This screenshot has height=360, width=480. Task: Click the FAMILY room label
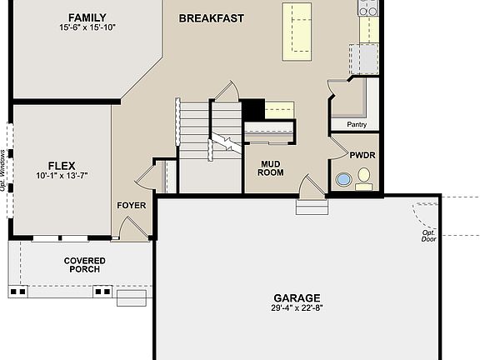[87, 17]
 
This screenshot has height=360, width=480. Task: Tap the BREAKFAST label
[211, 17]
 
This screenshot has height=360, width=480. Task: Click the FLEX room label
[62, 165]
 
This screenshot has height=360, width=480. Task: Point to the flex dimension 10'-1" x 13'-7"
[62, 176]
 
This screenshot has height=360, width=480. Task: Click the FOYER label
[132, 204]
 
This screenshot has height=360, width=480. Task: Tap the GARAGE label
[297, 297]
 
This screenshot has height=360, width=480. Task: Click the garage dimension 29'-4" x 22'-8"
[297, 308]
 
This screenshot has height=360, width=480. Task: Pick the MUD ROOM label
[272, 168]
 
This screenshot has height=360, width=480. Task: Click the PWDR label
[362, 155]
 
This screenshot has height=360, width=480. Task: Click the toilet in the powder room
[364, 177]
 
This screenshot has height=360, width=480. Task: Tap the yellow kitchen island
[298, 30]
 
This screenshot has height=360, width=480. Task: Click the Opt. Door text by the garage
[428, 236]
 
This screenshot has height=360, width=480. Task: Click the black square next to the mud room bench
[253, 109]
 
